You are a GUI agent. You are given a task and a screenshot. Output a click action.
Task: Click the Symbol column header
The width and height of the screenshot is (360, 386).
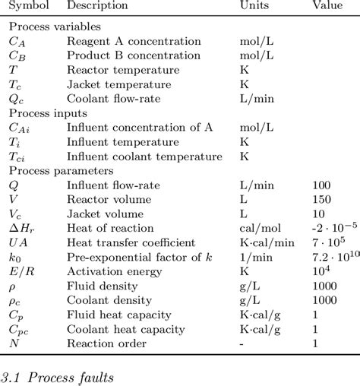(x=29, y=6)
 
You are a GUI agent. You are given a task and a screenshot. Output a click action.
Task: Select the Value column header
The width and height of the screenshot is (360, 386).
(x=329, y=6)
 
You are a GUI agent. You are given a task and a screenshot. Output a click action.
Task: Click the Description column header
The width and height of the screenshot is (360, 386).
(x=97, y=6)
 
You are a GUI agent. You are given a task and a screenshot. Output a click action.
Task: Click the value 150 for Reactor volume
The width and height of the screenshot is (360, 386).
(x=321, y=199)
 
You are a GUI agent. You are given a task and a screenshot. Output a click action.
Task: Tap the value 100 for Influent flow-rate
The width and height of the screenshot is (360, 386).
(x=321, y=185)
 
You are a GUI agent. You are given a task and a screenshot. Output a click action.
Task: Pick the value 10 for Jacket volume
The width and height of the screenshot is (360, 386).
(x=319, y=214)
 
